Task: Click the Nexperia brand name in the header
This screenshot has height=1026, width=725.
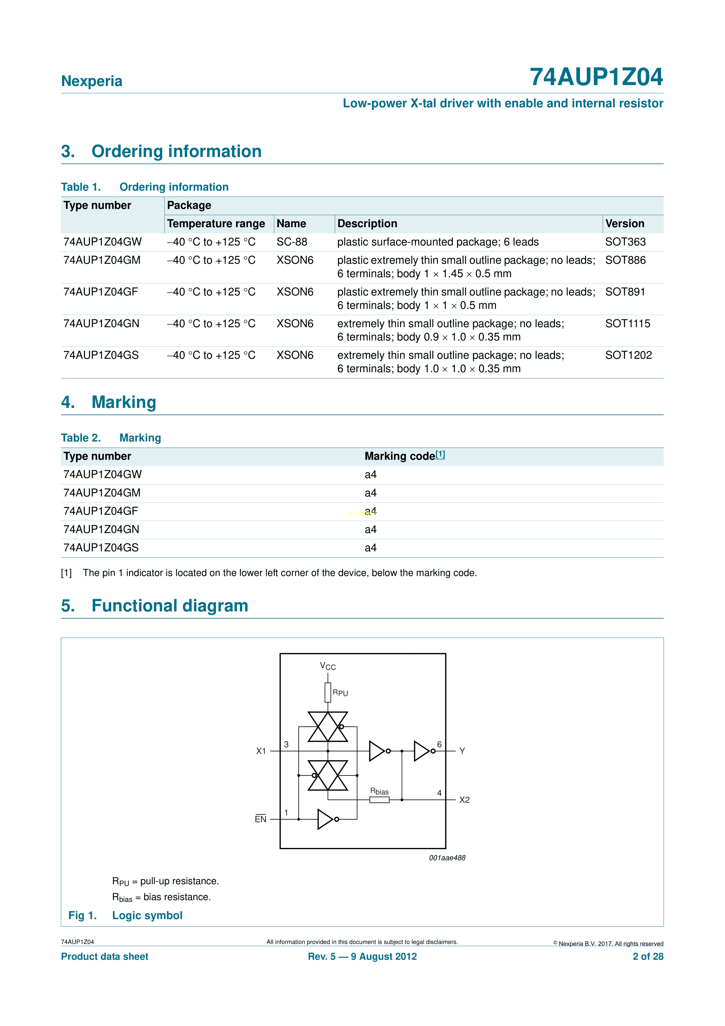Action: click(91, 81)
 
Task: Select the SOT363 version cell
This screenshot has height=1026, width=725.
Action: click(625, 242)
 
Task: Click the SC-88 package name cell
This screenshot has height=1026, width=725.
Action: click(292, 242)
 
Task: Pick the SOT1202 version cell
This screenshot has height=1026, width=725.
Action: click(628, 355)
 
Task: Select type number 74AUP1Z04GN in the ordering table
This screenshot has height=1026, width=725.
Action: click(101, 323)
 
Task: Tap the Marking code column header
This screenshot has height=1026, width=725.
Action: click(399, 456)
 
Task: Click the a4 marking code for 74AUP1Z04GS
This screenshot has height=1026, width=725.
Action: click(370, 548)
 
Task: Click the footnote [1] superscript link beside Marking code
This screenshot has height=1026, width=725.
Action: click(440, 454)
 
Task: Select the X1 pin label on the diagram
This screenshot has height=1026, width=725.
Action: click(261, 751)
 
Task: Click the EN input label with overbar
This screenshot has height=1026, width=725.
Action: click(260, 819)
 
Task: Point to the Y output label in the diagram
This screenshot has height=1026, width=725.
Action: click(462, 751)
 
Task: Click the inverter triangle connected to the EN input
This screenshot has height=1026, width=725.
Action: click(325, 819)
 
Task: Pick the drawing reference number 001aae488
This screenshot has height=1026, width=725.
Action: click(447, 858)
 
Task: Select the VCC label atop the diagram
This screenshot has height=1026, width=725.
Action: click(328, 666)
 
